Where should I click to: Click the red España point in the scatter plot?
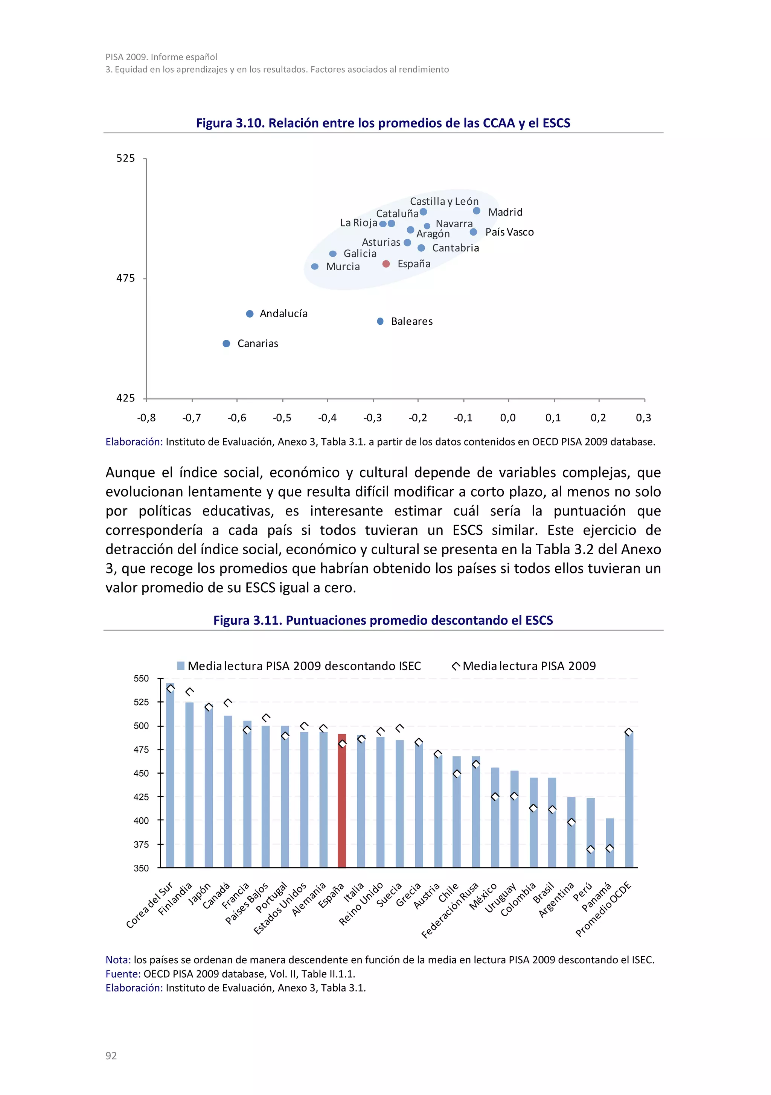pos(386,264)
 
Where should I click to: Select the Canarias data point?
pos(227,344)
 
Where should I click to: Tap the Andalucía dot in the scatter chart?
pos(250,314)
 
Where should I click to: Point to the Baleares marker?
pos(380,321)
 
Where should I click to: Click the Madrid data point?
pos(477,211)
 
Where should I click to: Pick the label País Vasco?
pos(509,232)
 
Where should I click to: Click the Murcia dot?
pos(315,266)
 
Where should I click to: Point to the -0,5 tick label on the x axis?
pos(282,418)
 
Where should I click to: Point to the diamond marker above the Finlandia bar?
pos(190,692)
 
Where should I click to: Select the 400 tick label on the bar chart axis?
pos(141,821)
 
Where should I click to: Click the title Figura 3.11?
pos(383,620)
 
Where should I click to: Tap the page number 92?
pos(111,1055)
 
